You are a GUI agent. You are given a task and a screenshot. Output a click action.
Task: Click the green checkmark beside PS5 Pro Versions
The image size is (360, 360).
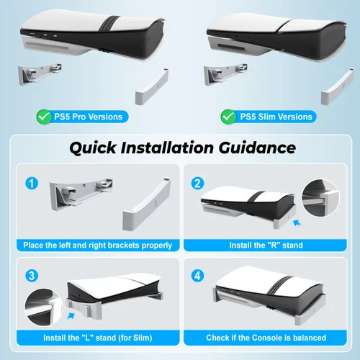[43, 117]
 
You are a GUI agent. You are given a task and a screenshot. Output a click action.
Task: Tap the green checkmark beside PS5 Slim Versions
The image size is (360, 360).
[228, 117]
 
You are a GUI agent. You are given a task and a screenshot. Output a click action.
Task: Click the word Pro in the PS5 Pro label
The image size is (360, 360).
[79, 117]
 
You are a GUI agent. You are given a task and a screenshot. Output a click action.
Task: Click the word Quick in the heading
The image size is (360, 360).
[93, 148]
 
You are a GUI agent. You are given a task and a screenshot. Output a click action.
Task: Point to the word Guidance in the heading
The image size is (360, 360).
[257, 148]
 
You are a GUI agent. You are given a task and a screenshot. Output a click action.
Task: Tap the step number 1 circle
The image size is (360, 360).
[32, 184]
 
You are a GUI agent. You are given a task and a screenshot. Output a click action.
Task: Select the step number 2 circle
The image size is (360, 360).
[197, 184]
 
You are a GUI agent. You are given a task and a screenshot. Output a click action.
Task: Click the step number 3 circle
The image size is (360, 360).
[32, 276]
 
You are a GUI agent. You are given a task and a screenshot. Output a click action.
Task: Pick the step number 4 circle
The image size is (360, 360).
[197, 276]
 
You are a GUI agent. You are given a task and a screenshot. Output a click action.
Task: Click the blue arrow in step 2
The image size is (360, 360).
[297, 223]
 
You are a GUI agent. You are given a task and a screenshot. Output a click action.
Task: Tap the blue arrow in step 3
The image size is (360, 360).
[71, 316]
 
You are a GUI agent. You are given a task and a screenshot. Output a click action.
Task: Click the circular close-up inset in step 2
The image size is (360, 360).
[320, 197]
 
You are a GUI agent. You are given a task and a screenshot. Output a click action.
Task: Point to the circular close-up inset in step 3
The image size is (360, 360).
[44, 307]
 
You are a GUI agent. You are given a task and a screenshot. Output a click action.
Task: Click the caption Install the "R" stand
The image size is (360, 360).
[266, 246]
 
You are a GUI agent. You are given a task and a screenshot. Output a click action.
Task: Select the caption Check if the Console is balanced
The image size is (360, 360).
[266, 338]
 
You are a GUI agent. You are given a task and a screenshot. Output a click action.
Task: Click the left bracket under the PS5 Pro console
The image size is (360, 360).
[40, 74]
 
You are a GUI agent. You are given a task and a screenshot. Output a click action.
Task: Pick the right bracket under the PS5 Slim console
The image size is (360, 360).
[338, 86]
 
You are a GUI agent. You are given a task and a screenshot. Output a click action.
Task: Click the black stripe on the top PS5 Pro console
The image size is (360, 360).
[109, 24]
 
